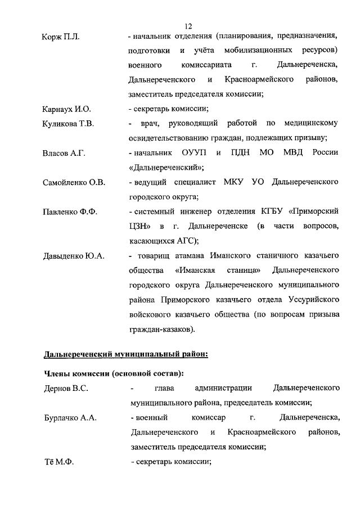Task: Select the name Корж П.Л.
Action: click(61, 37)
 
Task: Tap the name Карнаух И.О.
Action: click(66, 109)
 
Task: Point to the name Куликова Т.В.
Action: click(68, 123)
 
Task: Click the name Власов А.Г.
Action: click(64, 153)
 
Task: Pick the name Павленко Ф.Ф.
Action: click(70, 211)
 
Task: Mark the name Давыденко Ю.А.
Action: click(74, 256)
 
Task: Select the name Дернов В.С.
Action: click(65, 388)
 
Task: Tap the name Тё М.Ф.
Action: click(58, 462)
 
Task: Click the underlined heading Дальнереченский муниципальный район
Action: click(126, 354)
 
